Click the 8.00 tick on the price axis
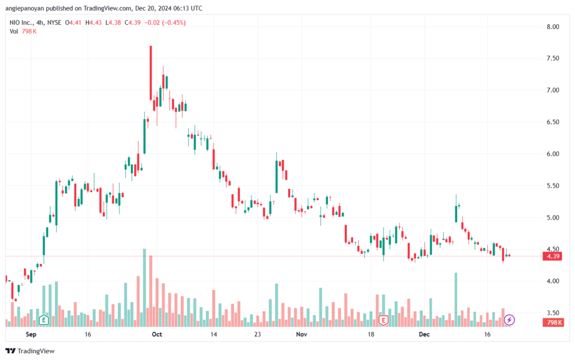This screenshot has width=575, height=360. [551, 26]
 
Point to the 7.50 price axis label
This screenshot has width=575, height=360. [551, 58]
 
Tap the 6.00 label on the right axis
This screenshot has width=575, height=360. [551, 154]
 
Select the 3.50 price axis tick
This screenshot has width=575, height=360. [551, 313]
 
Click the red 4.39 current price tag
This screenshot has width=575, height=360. [551, 257]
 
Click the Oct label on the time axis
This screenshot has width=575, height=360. [157, 334]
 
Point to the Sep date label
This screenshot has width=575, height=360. [31, 334]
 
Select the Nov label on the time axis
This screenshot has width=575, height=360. [302, 334]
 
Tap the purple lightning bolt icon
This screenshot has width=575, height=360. [509, 320]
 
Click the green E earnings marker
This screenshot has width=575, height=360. [43, 320]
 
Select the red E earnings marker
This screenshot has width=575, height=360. [384, 320]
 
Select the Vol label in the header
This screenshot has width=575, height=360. [15, 31]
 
